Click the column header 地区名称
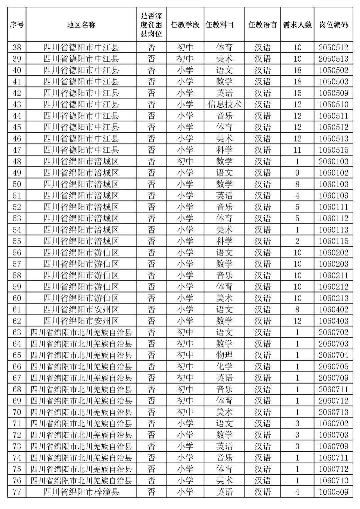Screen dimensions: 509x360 point(81,25)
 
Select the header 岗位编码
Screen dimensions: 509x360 point(333,25)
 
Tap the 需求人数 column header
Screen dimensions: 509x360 point(297,25)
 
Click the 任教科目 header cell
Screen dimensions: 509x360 point(220,25)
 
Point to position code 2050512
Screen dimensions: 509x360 point(333,47)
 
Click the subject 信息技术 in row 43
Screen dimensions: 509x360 point(224,104)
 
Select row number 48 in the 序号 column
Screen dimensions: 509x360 point(17,161)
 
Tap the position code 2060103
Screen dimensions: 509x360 point(333,161)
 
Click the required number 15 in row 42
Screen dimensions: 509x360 point(297,93)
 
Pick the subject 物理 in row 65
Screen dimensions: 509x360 point(224,355)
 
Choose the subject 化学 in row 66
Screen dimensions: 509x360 point(224,367)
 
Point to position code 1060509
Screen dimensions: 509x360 point(333,492)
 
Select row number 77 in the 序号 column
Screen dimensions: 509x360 point(17,492)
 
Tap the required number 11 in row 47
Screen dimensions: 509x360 point(297,150)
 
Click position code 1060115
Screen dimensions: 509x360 point(333,241)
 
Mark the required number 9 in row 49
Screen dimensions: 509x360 point(297,173)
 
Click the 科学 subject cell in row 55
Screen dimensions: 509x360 point(224,241)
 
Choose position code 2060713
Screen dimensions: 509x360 point(333,412)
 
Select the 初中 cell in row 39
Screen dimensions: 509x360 point(185,59)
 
